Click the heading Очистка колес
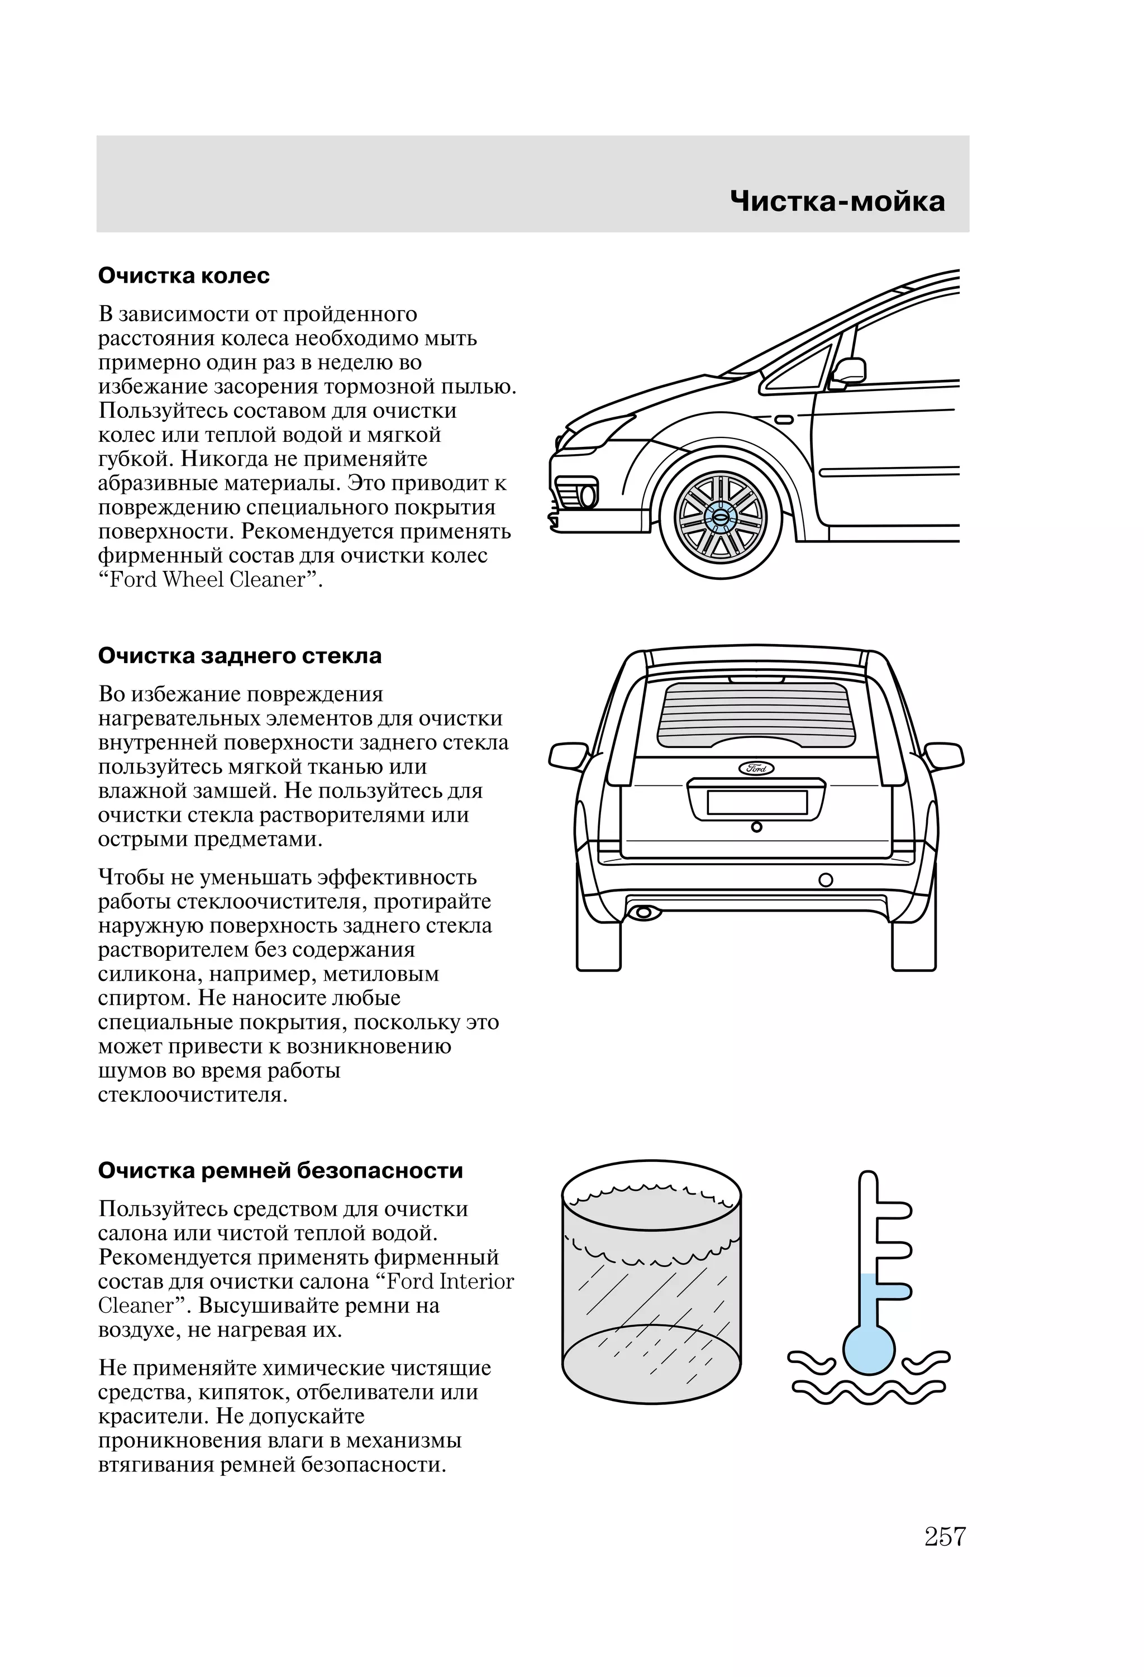tap(184, 275)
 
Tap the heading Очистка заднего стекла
tap(240, 656)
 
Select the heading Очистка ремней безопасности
tap(280, 1170)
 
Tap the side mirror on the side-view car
tap(849, 370)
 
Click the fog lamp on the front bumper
tap(588, 496)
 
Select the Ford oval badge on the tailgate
tap(756, 768)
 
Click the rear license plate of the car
tap(756, 802)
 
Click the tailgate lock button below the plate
tap(756, 827)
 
